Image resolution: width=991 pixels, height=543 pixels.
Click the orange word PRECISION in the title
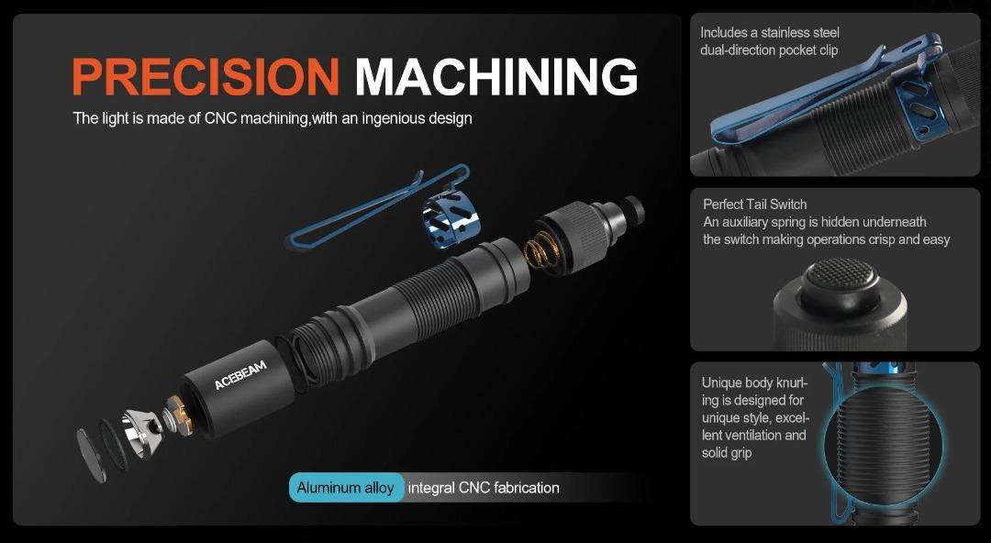tap(206, 76)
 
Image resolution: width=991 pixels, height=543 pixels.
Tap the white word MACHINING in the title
tap(495, 76)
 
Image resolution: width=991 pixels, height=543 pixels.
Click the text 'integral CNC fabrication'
tap(484, 488)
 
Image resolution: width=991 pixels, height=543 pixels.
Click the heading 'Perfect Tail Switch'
tap(755, 204)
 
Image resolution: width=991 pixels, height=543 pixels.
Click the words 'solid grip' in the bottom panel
tap(727, 452)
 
